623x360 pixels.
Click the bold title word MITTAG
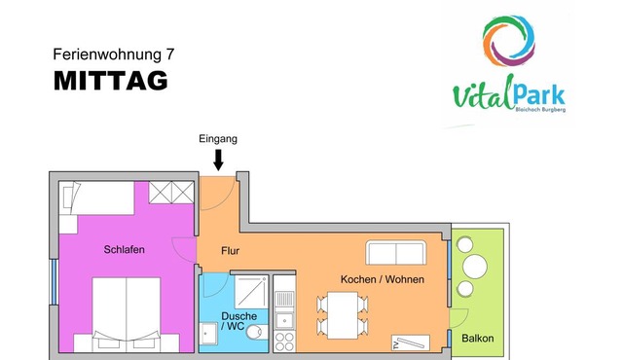[111, 81]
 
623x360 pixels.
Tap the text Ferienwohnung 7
[114, 54]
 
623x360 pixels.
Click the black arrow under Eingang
[218, 160]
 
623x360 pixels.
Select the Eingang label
[218, 139]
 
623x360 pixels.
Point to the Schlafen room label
[124, 250]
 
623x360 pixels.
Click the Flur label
[230, 251]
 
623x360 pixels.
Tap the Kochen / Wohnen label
[383, 279]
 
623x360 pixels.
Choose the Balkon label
[478, 339]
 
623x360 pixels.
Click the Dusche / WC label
[238, 321]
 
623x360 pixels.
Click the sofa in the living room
[396, 252]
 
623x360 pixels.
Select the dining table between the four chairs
[342, 315]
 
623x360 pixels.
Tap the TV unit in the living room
[411, 342]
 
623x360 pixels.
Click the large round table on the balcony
[475, 267]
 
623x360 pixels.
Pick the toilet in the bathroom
[256, 332]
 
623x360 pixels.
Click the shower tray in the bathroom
[251, 292]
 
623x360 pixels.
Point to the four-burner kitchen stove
[284, 342]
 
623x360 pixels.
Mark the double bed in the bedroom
[127, 314]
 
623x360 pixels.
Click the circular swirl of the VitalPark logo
[508, 41]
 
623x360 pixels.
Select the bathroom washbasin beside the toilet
[208, 334]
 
